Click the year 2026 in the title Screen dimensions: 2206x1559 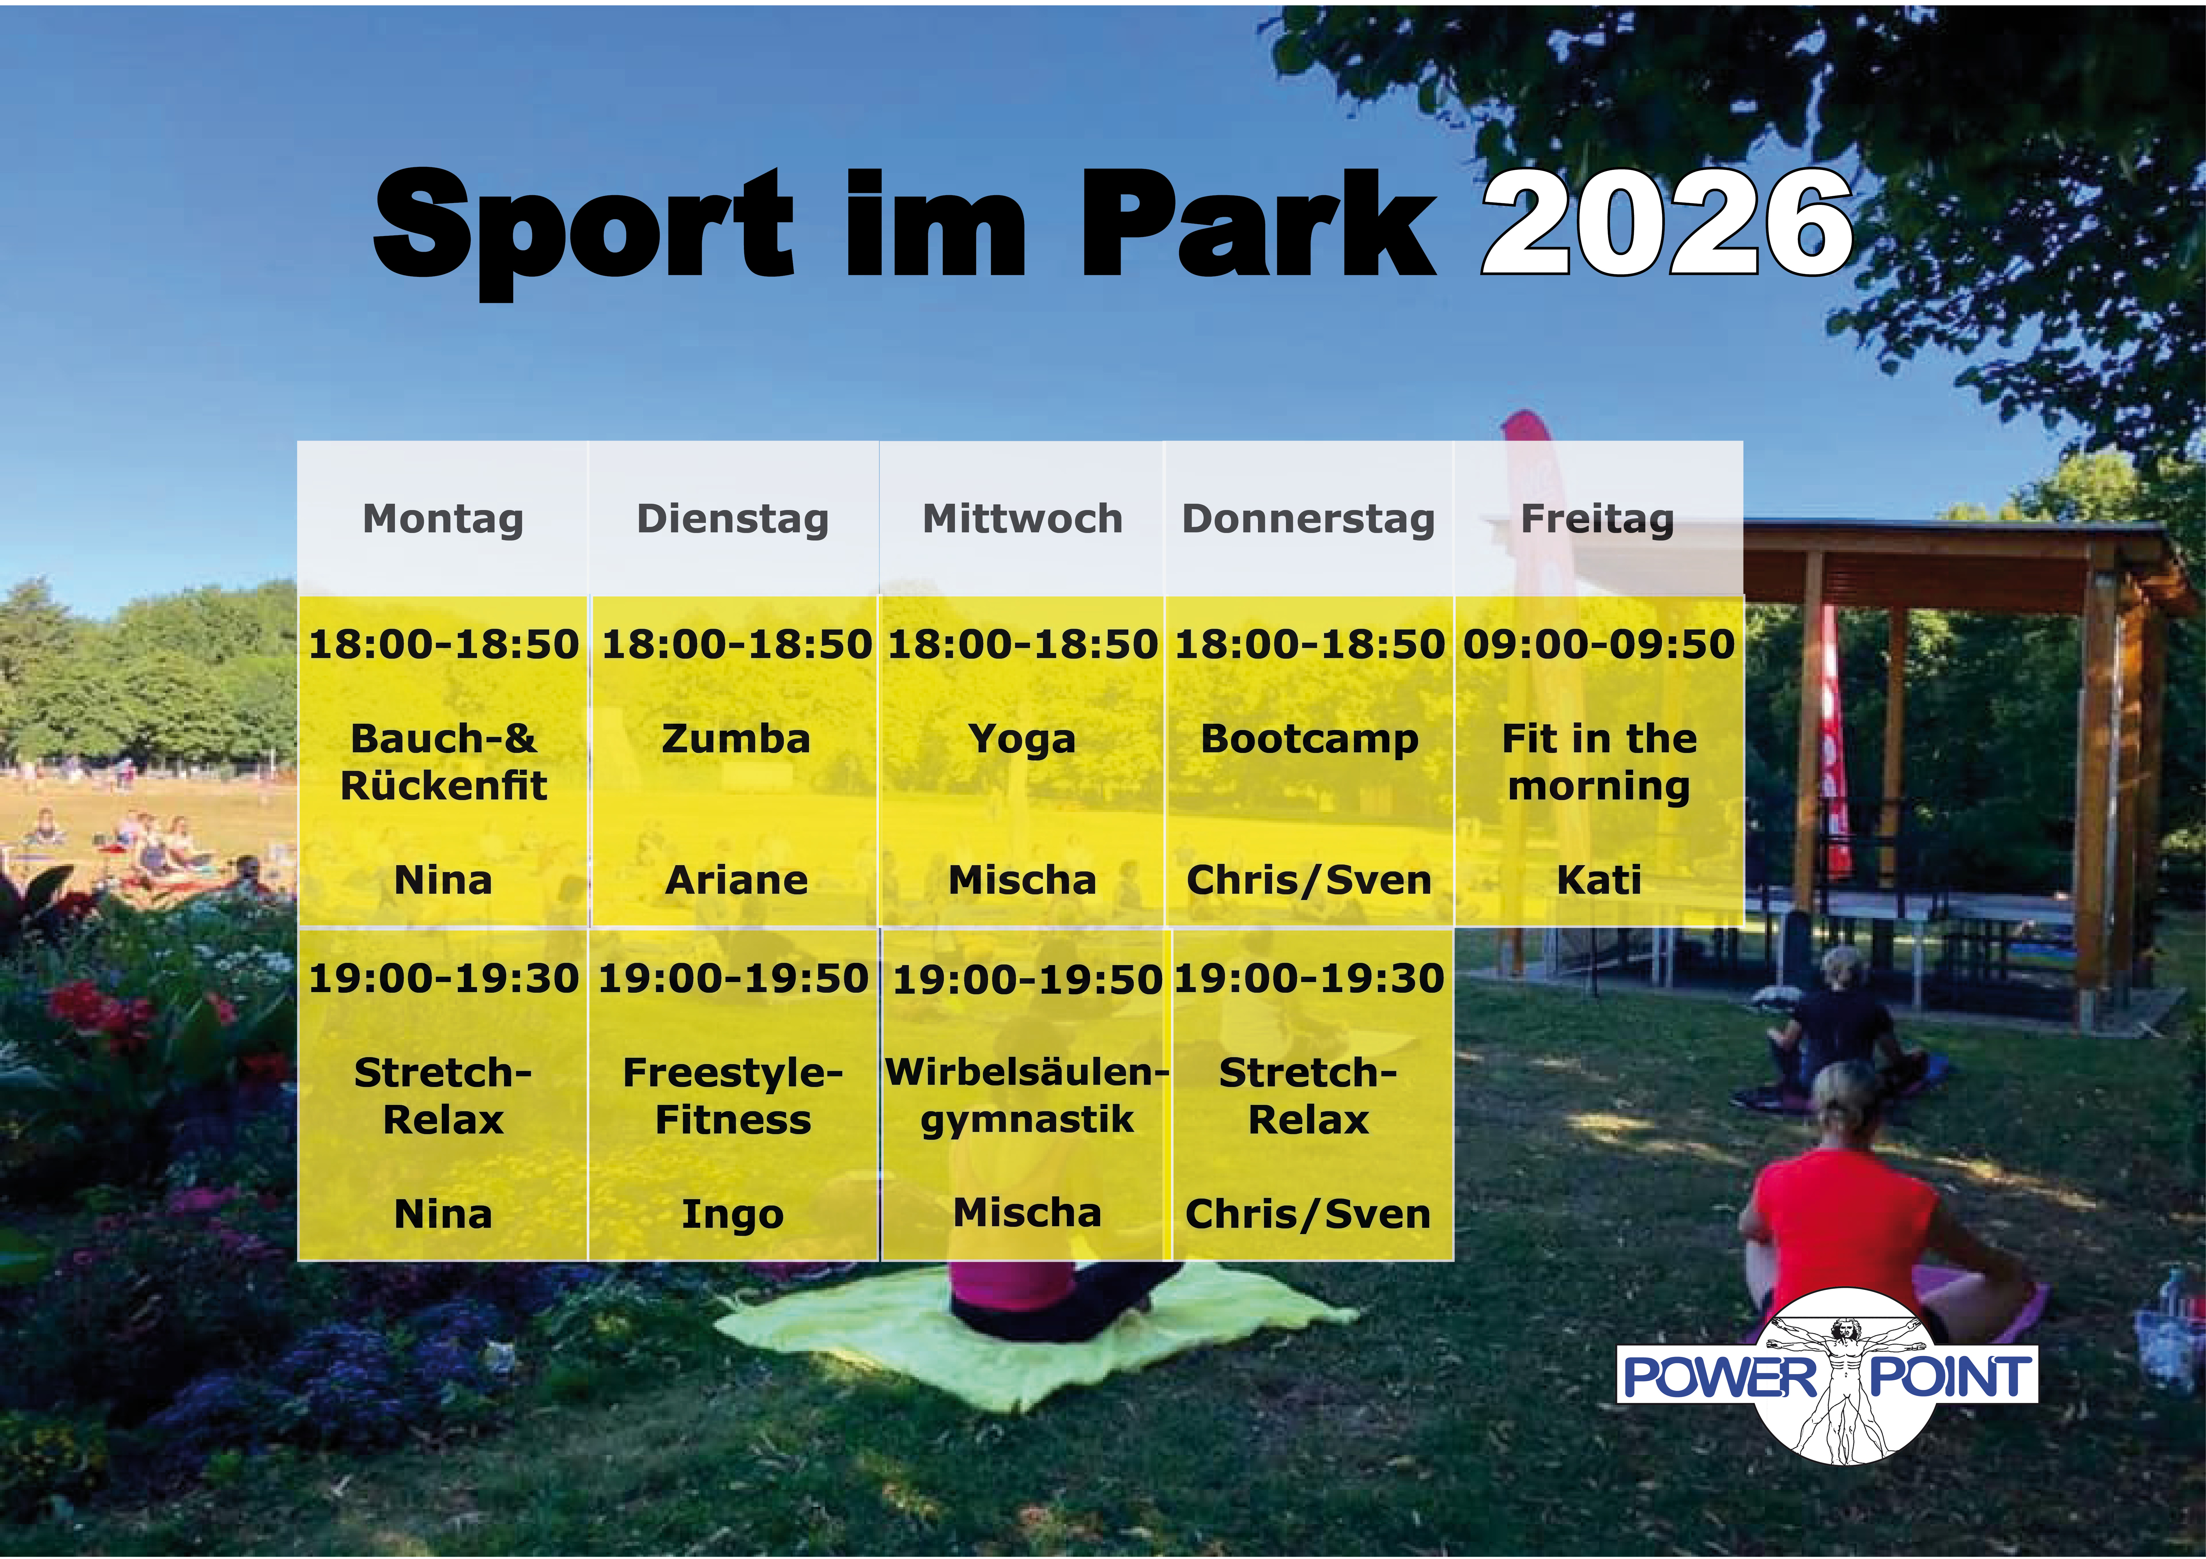click(x=1667, y=223)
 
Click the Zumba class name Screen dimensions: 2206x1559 click(x=736, y=739)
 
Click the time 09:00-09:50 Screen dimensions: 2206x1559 click(x=1599, y=644)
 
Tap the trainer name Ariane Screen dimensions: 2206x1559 click(x=736, y=880)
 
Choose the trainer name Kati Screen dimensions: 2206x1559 click(x=1599, y=880)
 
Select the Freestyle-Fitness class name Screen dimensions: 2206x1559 click(x=732, y=1096)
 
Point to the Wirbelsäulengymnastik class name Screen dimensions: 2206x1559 click(x=1026, y=1096)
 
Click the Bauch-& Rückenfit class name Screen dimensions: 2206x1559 click(x=443, y=762)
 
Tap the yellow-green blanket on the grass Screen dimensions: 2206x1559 click(x=1028, y=1335)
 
